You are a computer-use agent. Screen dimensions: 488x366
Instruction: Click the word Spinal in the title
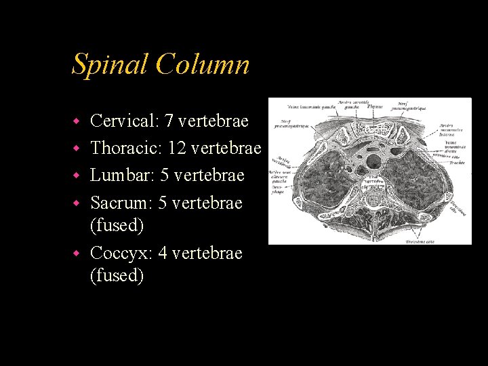pos(110,65)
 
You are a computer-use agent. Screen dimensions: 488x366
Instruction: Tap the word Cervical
pos(123,121)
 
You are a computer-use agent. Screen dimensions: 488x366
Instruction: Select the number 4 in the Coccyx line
pos(163,253)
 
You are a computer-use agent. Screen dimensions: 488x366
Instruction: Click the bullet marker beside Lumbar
pos(77,176)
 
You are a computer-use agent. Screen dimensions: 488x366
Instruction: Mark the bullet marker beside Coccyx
pos(77,253)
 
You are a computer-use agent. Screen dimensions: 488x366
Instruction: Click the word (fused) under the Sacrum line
pos(117,224)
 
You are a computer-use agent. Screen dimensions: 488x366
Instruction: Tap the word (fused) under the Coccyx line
pos(117,275)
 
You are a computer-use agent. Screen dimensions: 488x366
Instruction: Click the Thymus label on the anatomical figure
pos(374,106)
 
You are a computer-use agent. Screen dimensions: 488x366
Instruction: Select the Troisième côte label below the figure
pos(421,241)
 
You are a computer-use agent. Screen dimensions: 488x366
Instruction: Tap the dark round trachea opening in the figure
pos(372,161)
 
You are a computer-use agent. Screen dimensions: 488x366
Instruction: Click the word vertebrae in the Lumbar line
pos(209,175)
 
